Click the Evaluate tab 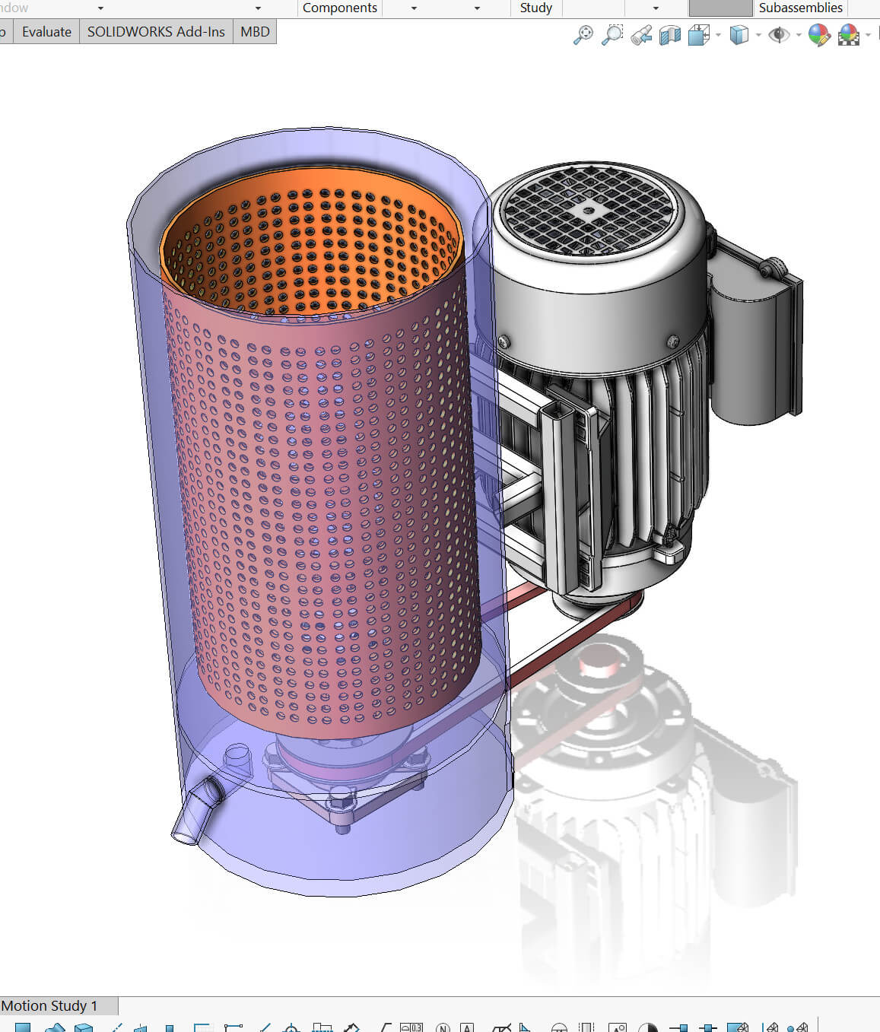click(46, 32)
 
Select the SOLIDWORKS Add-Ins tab click(156, 32)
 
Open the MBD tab click(255, 32)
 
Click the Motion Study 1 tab click(50, 1005)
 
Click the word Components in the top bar click(339, 8)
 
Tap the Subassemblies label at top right click(800, 8)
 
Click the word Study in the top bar click(535, 8)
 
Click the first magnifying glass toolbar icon click(583, 35)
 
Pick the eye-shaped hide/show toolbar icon click(778, 35)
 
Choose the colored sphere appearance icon click(818, 35)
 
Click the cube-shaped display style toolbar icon click(738, 35)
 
